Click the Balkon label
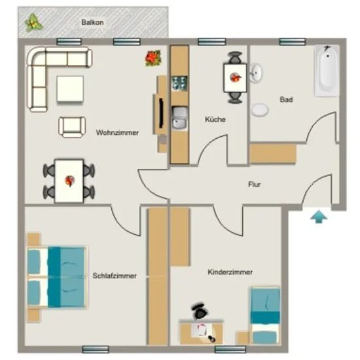92,22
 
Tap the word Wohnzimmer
117,132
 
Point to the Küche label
215,119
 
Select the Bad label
286,99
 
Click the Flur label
255,185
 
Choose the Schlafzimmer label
115,276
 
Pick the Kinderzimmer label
230,272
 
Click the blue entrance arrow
319,216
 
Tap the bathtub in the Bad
327,71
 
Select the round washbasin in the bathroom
256,73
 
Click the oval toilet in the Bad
260,110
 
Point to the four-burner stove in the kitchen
179,83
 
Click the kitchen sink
180,118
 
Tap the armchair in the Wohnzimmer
72,127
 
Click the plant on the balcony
33,22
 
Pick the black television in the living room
162,113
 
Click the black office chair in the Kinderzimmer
199,311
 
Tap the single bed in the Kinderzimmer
265,315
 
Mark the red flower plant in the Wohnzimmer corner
153,58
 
